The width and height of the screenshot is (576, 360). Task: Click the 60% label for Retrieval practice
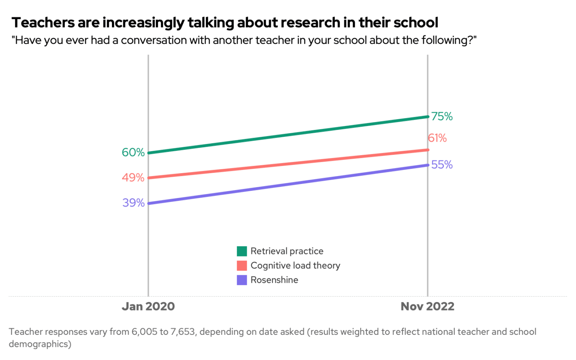pyautogui.click(x=133, y=152)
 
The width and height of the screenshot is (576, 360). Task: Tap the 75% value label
pyautogui.click(x=442, y=116)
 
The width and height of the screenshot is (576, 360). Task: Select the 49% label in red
pyautogui.click(x=133, y=178)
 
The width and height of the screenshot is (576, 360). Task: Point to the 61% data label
pyautogui.click(x=437, y=138)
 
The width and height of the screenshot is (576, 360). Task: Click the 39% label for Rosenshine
pyautogui.click(x=134, y=203)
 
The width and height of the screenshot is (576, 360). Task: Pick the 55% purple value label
pyautogui.click(x=442, y=165)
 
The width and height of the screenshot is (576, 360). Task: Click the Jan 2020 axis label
pyautogui.click(x=148, y=306)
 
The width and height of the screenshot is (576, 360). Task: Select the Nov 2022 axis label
pyautogui.click(x=427, y=306)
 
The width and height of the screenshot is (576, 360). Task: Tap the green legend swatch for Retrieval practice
pyautogui.click(x=242, y=251)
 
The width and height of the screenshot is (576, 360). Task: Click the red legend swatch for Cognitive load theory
pyautogui.click(x=242, y=266)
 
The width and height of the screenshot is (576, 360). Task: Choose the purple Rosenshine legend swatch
pyautogui.click(x=242, y=280)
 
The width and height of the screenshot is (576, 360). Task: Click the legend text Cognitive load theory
pyautogui.click(x=295, y=266)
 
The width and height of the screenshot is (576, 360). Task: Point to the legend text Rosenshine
pyautogui.click(x=274, y=280)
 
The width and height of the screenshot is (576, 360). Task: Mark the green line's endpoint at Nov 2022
pyautogui.click(x=428, y=117)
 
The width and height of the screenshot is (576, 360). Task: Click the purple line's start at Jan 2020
pyautogui.click(x=148, y=203)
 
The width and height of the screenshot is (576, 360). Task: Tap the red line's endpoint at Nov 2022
pyautogui.click(x=428, y=150)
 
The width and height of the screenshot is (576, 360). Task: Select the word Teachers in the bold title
pyautogui.click(x=43, y=23)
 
